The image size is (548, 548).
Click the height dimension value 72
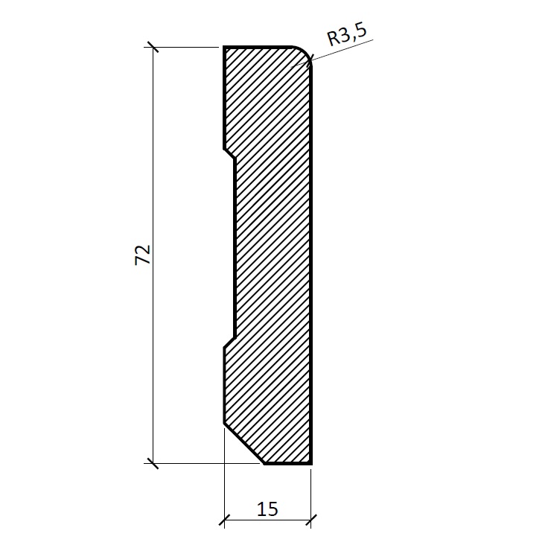tap(143, 255)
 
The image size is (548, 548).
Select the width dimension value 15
tap(267, 509)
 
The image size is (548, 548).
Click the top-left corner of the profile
tap(224, 46)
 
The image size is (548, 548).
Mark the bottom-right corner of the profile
tap(310, 463)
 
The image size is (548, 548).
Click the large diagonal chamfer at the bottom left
tap(244, 443)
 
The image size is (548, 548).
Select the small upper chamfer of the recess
tap(229, 153)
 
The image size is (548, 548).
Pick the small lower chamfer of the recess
tap(229, 342)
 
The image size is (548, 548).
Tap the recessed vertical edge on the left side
tap(235, 248)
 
